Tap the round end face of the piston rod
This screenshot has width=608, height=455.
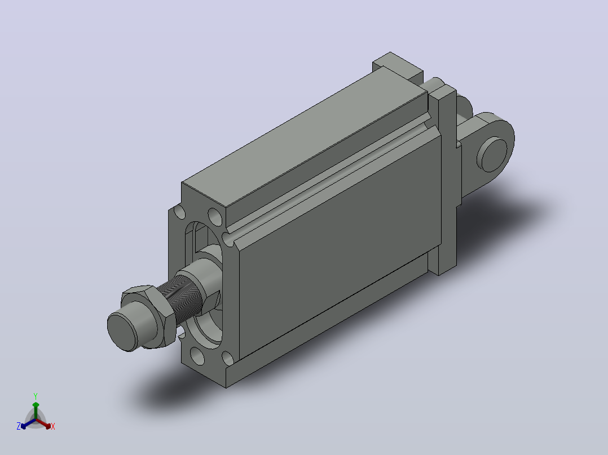pos(122,333)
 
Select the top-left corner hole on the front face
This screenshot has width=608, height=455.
pos(179,212)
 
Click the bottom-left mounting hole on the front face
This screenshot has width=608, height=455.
pos(197,356)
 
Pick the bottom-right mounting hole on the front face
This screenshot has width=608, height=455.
pos(227,358)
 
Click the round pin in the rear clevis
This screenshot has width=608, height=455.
pos(492,154)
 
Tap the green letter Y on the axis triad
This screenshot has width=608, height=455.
pos(36,396)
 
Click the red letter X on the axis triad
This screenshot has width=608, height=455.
pos(53,426)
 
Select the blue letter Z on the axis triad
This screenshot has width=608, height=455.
pos(18,426)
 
